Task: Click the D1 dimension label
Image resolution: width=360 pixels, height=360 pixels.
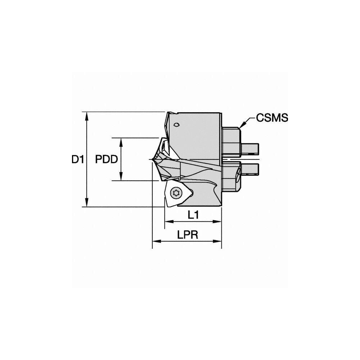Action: point(77,159)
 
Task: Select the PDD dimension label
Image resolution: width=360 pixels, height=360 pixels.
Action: point(107,159)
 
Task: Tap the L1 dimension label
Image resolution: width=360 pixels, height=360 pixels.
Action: point(193,215)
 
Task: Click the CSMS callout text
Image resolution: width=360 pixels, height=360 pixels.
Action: point(272,118)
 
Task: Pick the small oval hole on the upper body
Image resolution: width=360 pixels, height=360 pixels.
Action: point(176,125)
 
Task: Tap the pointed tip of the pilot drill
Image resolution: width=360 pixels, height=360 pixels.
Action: point(150,159)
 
